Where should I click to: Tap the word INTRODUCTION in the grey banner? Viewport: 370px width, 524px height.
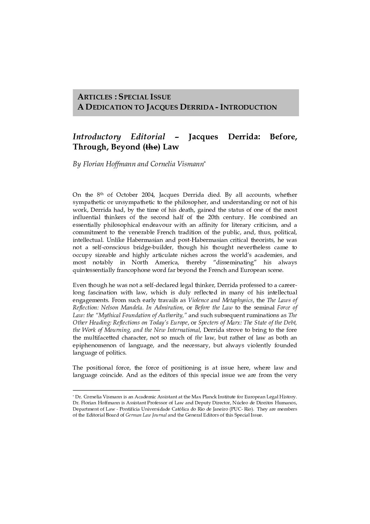pos(249,107)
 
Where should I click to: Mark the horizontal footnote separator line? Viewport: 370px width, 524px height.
pos(116,390)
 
